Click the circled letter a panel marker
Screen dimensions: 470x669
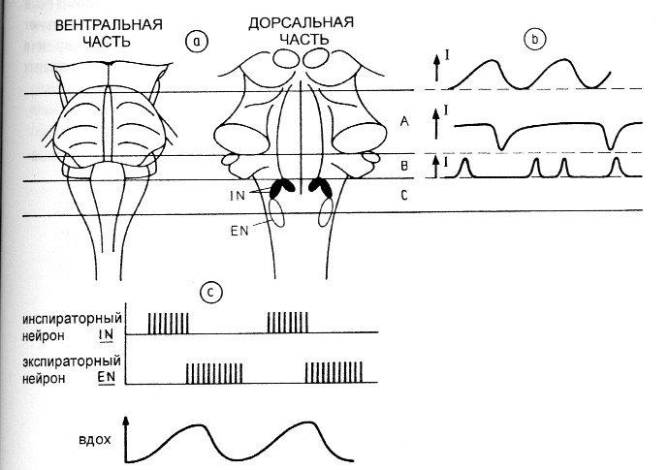pyautogui.click(x=198, y=41)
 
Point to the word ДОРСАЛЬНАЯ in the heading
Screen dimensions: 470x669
pyautogui.click(x=298, y=22)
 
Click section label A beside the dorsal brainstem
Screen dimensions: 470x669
pyautogui.click(x=402, y=121)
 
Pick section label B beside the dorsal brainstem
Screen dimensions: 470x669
pyautogui.click(x=402, y=167)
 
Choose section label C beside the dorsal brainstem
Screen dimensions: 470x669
pyautogui.click(x=402, y=196)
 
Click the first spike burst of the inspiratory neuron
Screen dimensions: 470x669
pyautogui.click(x=169, y=323)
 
